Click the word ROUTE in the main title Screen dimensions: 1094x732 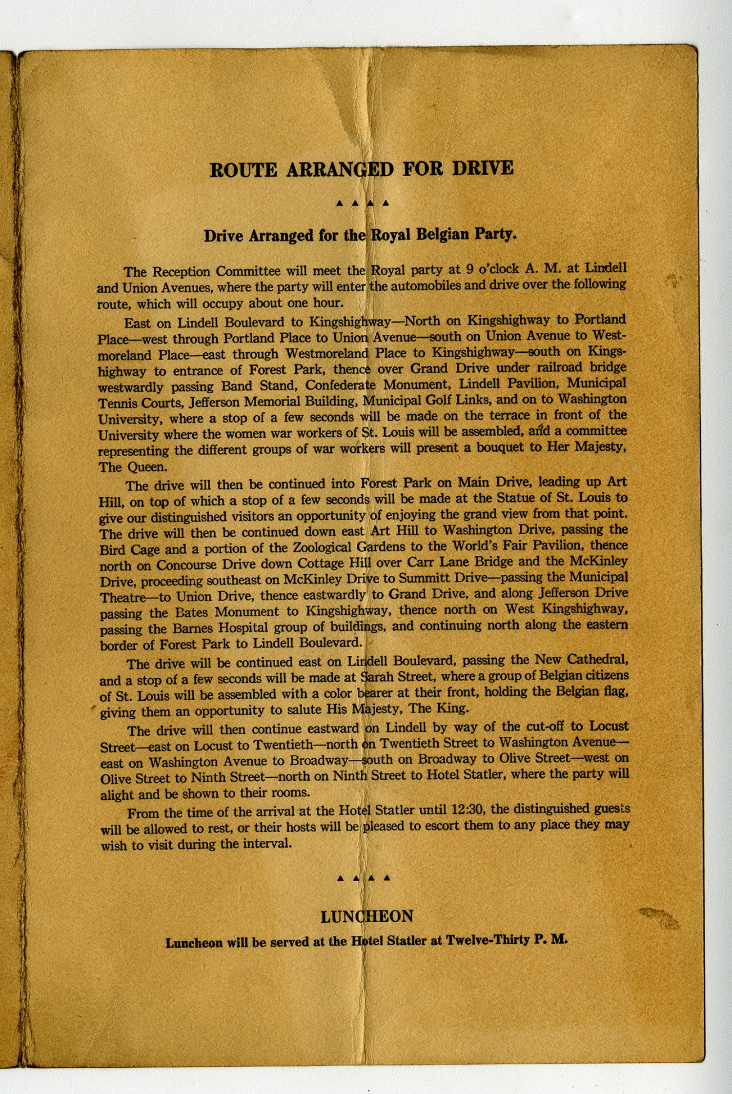pyautogui.click(x=243, y=170)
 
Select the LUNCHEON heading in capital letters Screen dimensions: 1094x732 pyautogui.click(x=366, y=916)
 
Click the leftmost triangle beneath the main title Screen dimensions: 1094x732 pyautogui.click(x=340, y=203)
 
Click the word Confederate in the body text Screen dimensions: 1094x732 pyautogui.click(x=340, y=385)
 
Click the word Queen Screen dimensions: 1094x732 pyautogui.click(x=147, y=467)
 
